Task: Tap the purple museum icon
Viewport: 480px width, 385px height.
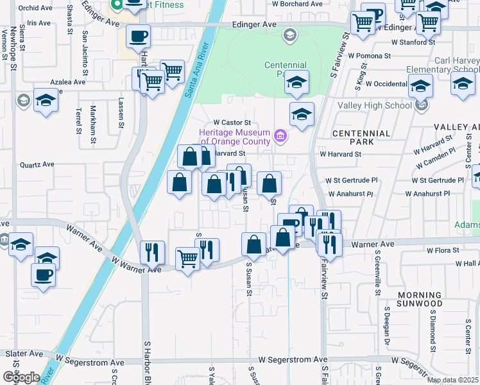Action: click(280, 136)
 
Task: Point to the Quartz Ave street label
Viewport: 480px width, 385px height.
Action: click(37, 164)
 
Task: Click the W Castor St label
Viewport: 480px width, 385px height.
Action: click(231, 122)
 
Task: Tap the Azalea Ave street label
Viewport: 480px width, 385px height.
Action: click(69, 82)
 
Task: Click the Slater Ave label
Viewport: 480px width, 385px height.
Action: click(24, 354)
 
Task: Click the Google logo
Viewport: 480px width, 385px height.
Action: click(21, 377)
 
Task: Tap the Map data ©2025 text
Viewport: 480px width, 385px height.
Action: click(452, 380)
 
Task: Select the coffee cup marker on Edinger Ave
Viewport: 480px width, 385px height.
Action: click(138, 35)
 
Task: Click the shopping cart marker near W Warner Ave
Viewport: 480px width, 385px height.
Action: click(187, 259)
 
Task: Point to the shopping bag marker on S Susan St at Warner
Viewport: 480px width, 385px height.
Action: click(253, 244)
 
